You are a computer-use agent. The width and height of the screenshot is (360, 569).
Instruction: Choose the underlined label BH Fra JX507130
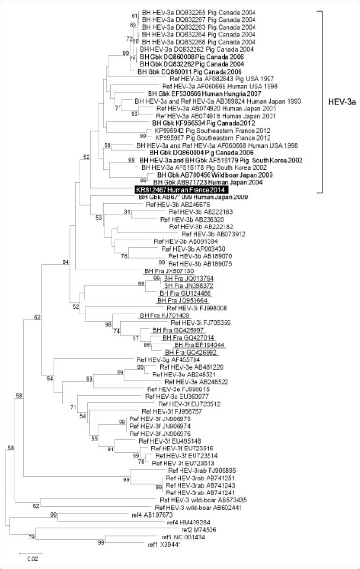pyautogui.click(x=159, y=271)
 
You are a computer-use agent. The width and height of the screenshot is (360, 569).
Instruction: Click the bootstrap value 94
pyautogui.click(x=65, y=262)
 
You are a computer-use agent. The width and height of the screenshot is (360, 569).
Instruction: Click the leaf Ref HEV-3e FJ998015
pyautogui.click(x=183, y=389)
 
